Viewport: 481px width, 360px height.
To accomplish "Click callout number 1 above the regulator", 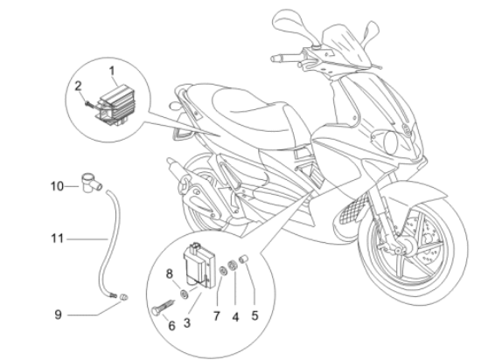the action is pyautogui.click(x=112, y=71).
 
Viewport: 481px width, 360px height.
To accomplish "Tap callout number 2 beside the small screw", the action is pyautogui.click(x=78, y=87).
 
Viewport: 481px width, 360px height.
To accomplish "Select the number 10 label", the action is pyautogui.click(x=57, y=186).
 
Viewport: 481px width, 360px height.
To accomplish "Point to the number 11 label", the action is pyautogui.click(x=57, y=239).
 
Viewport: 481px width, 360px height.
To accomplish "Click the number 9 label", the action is pyautogui.click(x=59, y=315).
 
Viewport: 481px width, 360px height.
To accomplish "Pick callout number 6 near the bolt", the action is pyautogui.click(x=172, y=325).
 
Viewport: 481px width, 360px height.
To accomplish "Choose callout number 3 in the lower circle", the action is pyautogui.click(x=187, y=323).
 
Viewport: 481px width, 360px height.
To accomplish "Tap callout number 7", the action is pyautogui.click(x=217, y=316).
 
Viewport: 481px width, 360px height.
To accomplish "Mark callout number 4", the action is pyautogui.click(x=235, y=317).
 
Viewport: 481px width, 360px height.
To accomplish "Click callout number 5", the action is pyautogui.click(x=254, y=315).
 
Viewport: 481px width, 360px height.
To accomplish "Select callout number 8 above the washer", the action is pyautogui.click(x=170, y=273).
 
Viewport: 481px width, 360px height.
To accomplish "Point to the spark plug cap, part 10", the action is pyautogui.click(x=92, y=183).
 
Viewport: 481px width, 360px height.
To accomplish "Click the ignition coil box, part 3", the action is pyautogui.click(x=199, y=266).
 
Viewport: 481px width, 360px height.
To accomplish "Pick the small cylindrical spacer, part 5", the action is pyautogui.click(x=244, y=259).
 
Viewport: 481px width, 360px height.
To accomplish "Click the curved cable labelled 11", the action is pyautogui.click(x=115, y=239).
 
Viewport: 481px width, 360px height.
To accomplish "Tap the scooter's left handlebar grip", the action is pyautogui.click(x=282, y=58).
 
